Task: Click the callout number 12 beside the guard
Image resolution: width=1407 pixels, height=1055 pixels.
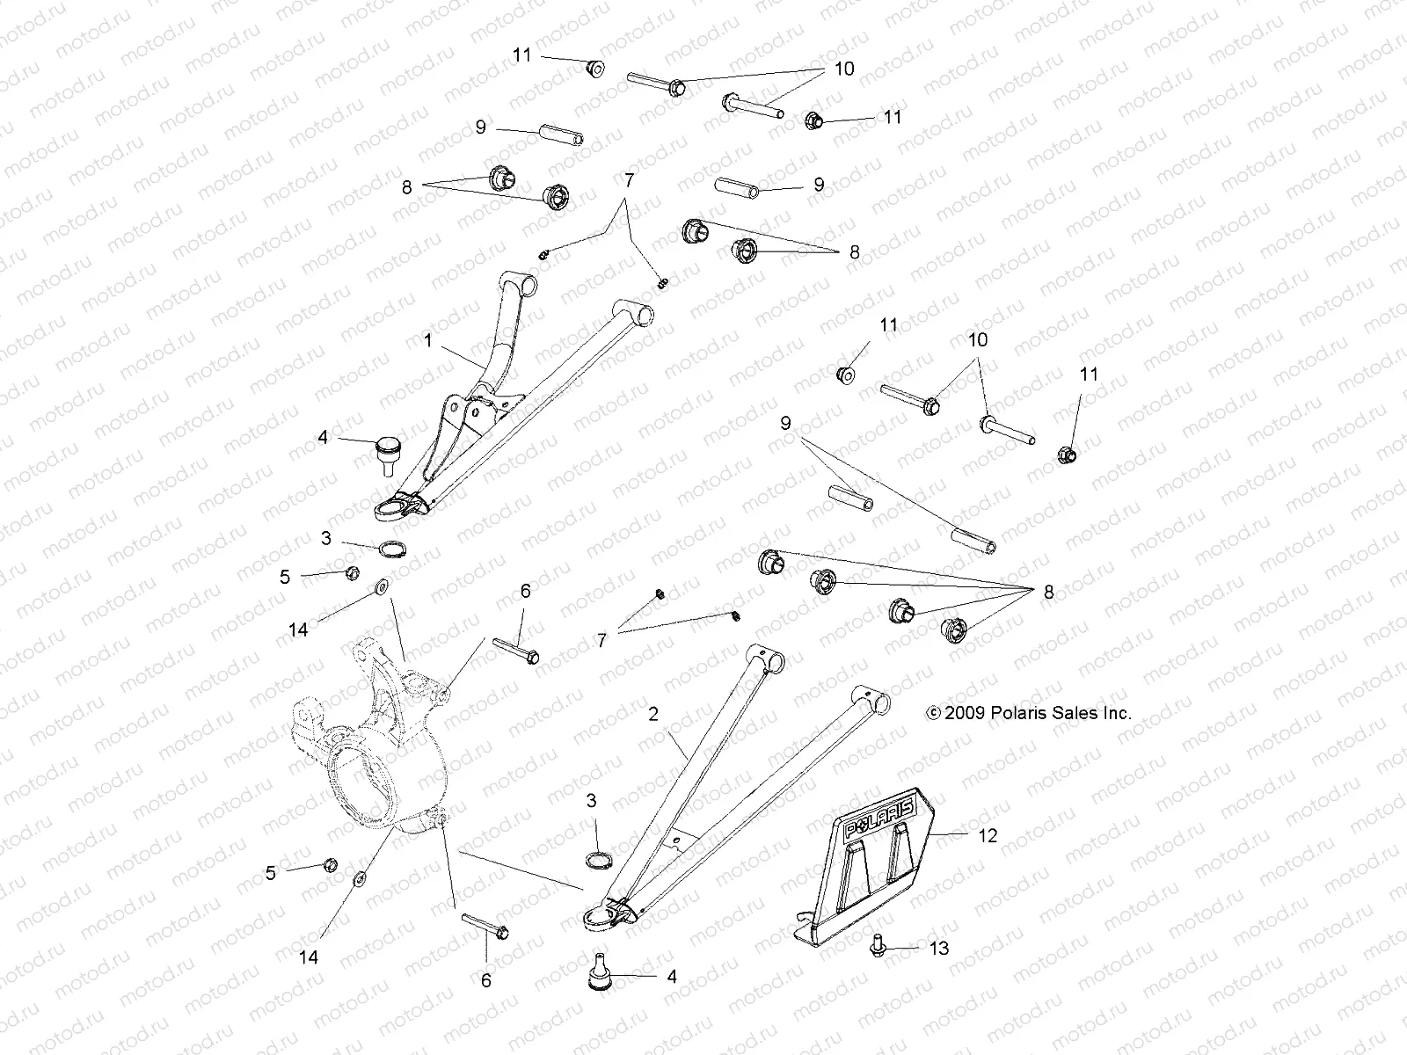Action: [988, 835]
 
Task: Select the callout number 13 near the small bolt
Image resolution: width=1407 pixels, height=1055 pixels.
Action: [939, 949]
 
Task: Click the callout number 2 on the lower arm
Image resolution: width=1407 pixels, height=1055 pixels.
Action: [652, 715]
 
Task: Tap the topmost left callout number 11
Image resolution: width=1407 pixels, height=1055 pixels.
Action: [522, 55]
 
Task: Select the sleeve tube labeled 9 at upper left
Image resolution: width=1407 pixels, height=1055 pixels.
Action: [556, 136]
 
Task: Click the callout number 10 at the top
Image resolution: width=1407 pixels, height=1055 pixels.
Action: [843, 69]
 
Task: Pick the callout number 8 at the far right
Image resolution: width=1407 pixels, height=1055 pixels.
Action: [1047, 593]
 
